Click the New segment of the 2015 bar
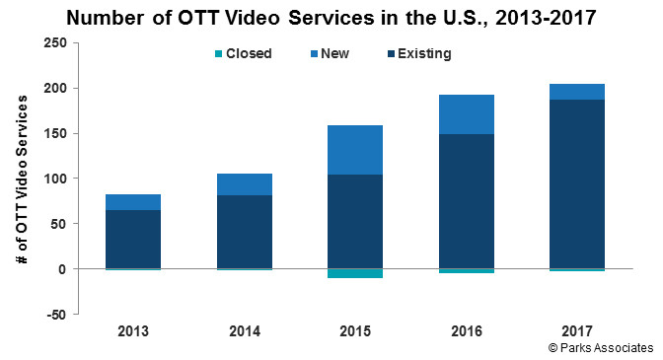355,150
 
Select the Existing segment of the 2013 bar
133,239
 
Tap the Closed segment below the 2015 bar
355,273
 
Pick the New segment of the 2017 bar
577,92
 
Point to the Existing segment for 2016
467,201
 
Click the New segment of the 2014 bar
245,184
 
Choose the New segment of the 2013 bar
133,202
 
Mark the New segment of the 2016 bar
467,114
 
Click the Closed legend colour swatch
219,53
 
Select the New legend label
334,53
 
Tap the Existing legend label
424,53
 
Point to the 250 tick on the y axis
55,43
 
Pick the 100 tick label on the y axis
55,179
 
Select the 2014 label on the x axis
245,331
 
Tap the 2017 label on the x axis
577,331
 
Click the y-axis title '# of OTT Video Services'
22,180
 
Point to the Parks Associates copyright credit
601,348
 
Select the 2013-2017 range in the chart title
546,18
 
